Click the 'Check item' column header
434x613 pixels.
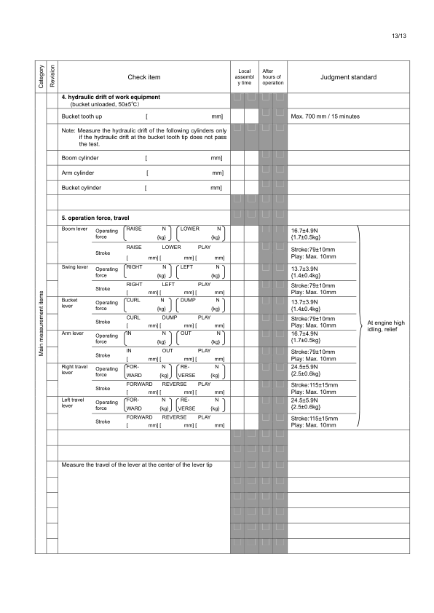pyautogui.click(x=143, y=76)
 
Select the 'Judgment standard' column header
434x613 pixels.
pyautogui.click(x=348, y=76)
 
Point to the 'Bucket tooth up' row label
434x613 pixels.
pyautogui.click(x=82, y=116)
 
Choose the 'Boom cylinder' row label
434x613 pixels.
pyautogui.click(x=80, y=157)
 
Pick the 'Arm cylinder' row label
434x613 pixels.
pyautogui.click(x=79, y=173)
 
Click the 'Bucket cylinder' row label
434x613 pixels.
pyautogui.click(x=82, y=188)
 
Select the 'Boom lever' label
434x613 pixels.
pyautogui.click(x=74, y=229)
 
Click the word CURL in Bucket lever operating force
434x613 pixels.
pyautogui.click(x=133, y=301)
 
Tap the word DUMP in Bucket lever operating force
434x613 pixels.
pyautogui.click(x=188, y=301)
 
